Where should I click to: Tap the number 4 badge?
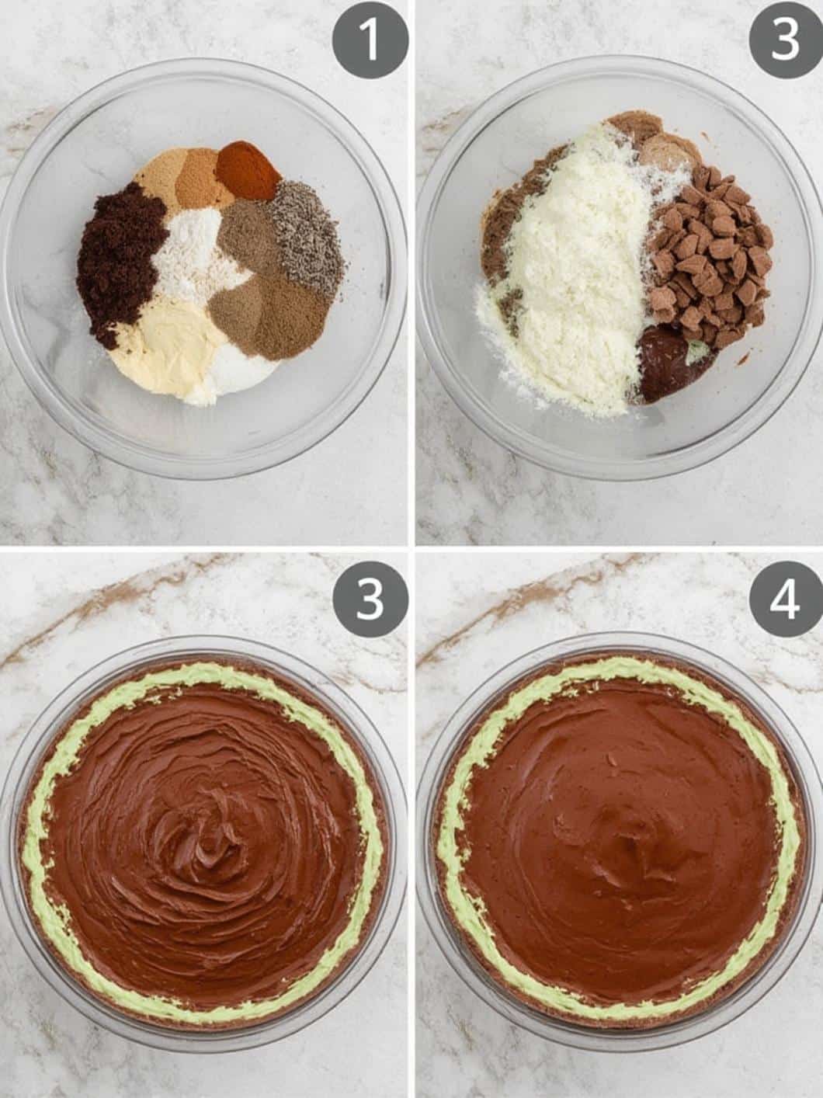pos(785,599)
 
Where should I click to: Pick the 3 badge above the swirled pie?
pos(370,599)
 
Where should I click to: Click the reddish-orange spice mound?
pos(248,169)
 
